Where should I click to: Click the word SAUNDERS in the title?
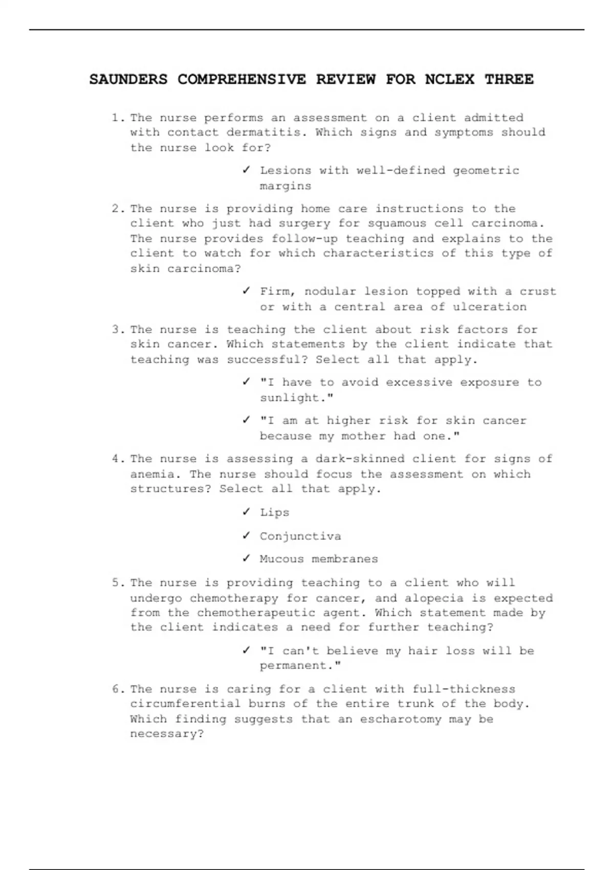128,79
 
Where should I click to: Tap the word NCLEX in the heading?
450,79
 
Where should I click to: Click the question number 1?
117,118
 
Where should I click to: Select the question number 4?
117,459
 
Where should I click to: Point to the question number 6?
117,689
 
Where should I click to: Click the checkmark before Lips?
247,512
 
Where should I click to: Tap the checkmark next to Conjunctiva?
247,535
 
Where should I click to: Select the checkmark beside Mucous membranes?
247,558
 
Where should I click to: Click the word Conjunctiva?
300,536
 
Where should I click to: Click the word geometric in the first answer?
486,170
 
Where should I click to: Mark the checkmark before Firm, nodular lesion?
247,291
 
